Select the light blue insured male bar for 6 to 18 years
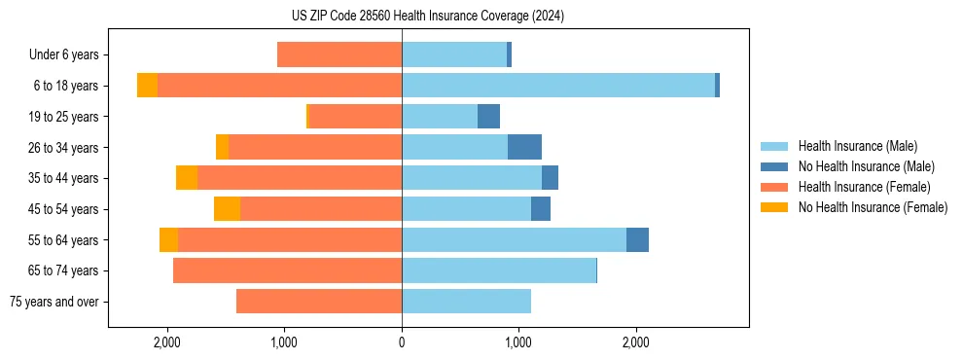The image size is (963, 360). point(558,86)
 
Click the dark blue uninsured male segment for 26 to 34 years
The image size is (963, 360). point(524,147)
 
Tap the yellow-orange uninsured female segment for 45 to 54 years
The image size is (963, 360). point(227,209)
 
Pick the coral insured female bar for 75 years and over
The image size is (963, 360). point(319,302)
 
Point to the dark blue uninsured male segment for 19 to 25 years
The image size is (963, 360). point(488,117)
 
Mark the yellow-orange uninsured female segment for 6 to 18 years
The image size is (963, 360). point(147,86)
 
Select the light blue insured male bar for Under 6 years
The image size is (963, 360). point(454,54)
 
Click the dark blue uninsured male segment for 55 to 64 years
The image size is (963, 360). point(637,240)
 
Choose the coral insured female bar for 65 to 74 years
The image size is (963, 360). point(287,270)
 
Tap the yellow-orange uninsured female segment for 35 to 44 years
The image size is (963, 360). point(187,178)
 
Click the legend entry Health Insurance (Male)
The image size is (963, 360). point(857,146)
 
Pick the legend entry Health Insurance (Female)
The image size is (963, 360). point(864,187)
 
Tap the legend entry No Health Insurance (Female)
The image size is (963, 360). point(873,207)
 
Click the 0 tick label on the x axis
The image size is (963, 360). point(402,342)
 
